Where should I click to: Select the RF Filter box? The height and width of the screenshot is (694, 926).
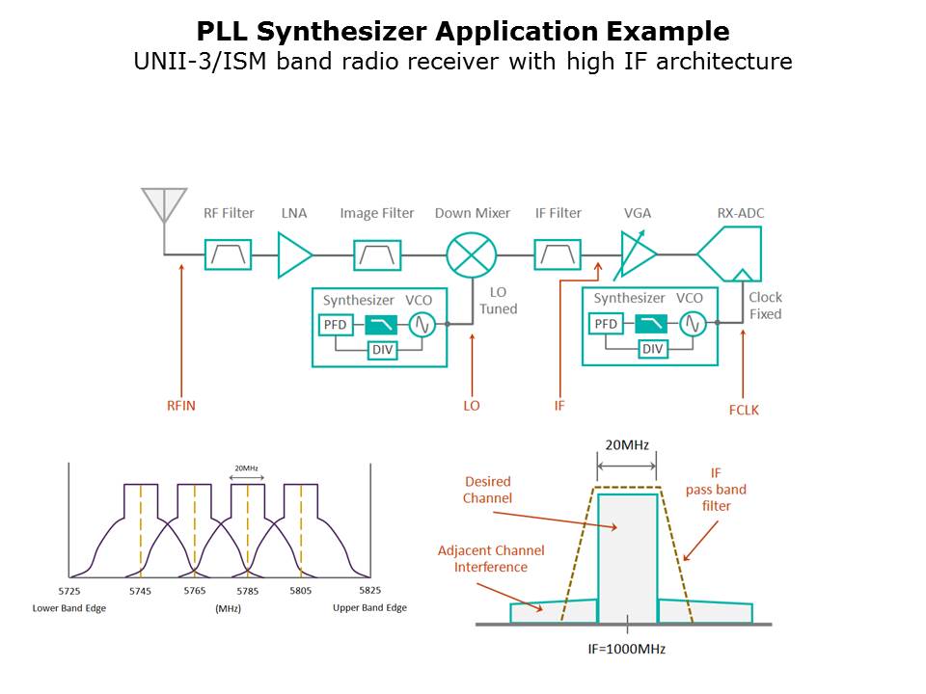228,254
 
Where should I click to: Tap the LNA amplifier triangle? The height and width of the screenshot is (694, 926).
293,254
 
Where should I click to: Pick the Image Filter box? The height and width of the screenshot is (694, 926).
377,254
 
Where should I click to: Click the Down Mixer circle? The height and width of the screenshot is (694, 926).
471,254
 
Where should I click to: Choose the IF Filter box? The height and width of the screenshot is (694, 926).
558,254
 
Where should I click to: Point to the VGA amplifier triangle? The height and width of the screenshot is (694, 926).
636,254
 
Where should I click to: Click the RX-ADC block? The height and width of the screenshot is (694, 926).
731,254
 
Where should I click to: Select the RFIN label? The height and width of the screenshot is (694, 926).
180,406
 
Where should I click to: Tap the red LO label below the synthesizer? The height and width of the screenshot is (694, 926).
471,406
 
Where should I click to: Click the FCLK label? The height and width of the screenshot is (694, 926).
744,410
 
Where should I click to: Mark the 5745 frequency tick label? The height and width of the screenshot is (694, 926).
141,590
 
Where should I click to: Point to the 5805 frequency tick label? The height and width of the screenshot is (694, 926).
300,590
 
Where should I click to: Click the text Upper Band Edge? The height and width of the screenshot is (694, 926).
369,608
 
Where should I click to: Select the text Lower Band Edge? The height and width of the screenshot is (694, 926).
69,608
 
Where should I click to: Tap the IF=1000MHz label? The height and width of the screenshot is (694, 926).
628,649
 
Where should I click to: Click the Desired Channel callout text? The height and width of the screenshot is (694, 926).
487,490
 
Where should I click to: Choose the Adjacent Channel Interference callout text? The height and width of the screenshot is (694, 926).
491,559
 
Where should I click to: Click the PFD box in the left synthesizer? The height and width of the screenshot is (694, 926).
335,325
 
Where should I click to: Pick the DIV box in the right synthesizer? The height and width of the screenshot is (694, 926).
653,349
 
